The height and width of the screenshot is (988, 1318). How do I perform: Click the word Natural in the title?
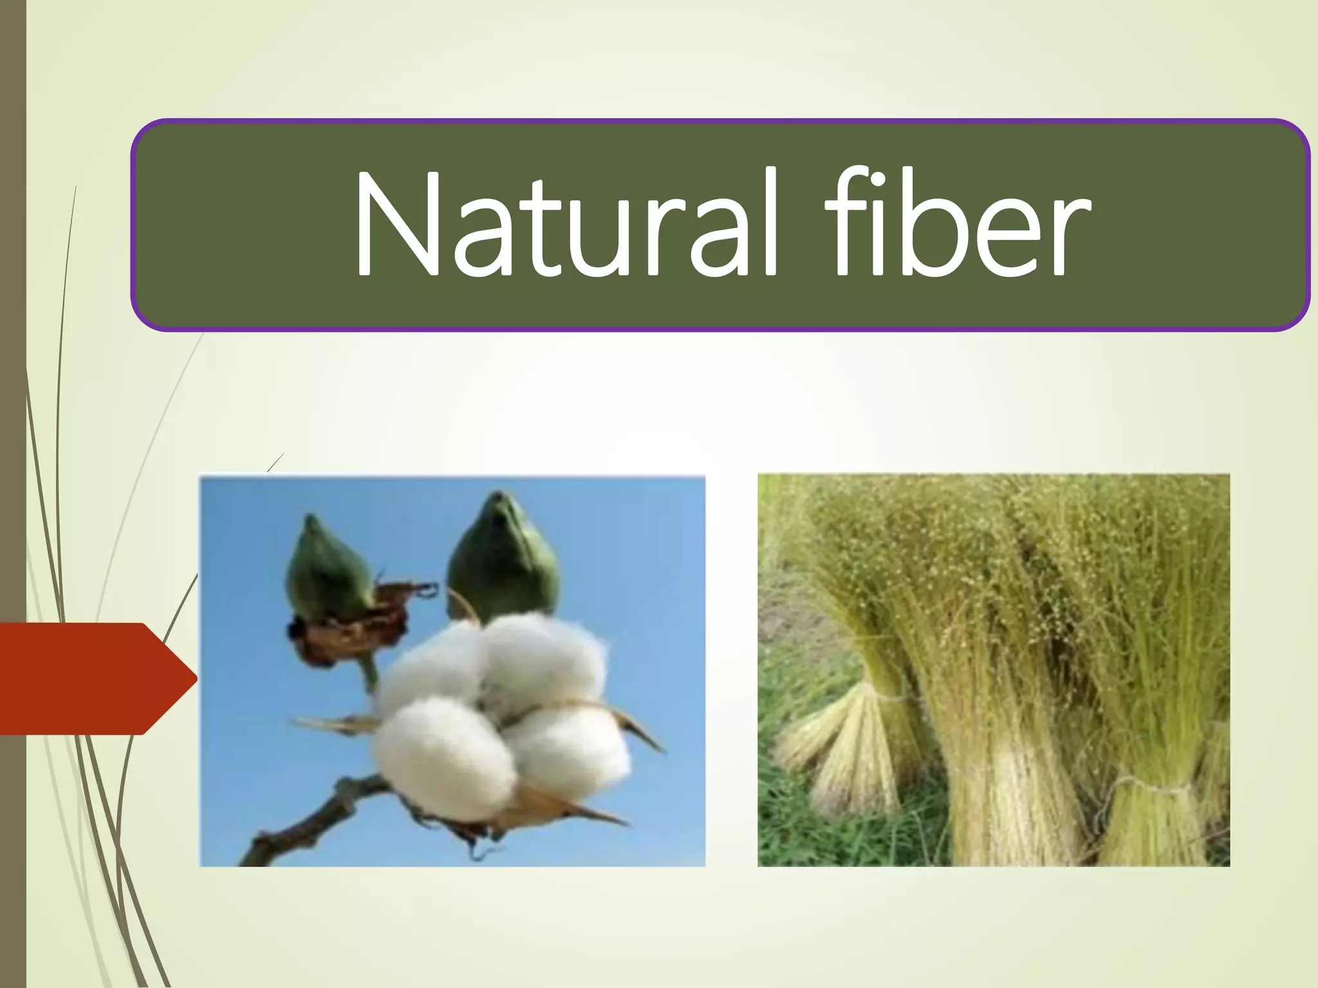[566, 225]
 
